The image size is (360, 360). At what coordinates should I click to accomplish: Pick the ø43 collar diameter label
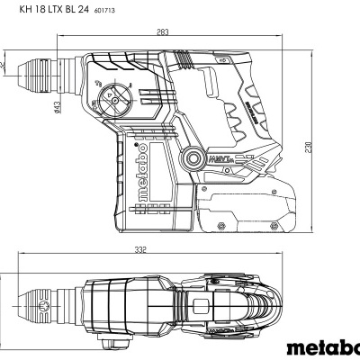click(x=56, y=108)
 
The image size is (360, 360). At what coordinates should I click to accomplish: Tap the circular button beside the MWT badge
click(x=195, y=161)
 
